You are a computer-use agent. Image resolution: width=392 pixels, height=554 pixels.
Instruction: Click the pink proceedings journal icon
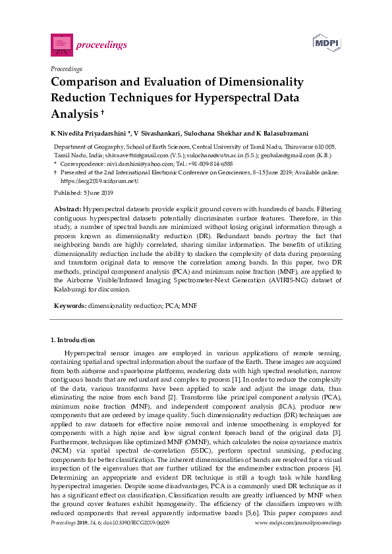61,44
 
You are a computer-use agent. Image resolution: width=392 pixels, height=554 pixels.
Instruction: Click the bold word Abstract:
68,208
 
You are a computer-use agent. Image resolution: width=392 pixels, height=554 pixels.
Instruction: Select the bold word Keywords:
70,306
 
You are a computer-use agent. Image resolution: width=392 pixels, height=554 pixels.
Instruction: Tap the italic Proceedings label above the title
67,68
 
